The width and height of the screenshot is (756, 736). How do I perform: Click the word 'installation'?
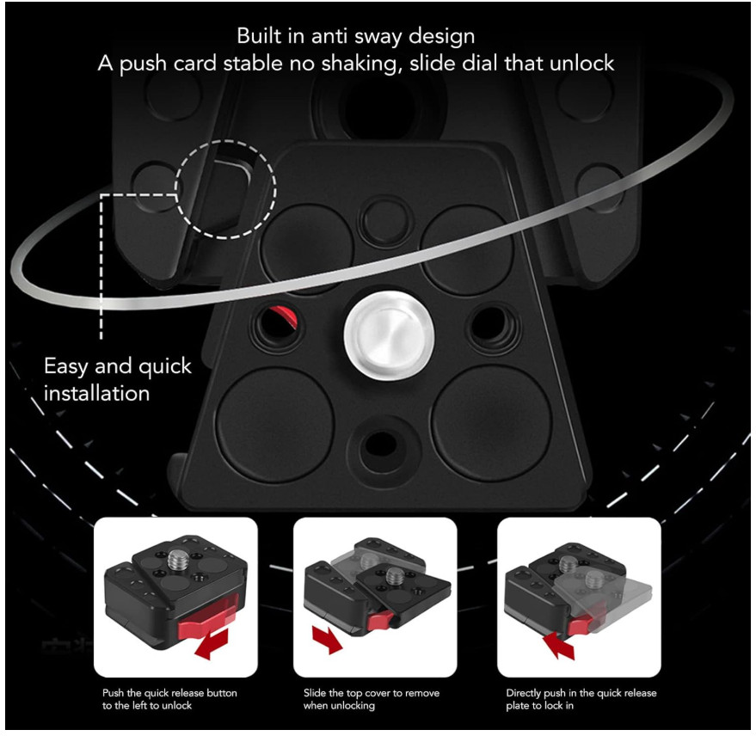97,394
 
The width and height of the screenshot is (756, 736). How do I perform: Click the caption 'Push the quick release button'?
169,693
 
